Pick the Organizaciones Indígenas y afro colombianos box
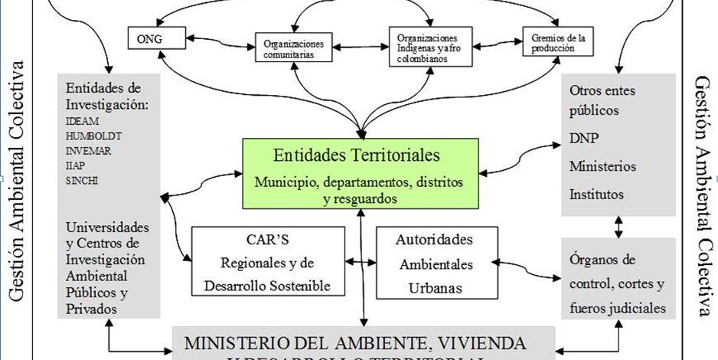[428, 49]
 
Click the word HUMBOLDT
[90, 136]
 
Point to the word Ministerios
[602, 166]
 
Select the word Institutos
[596, 194]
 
